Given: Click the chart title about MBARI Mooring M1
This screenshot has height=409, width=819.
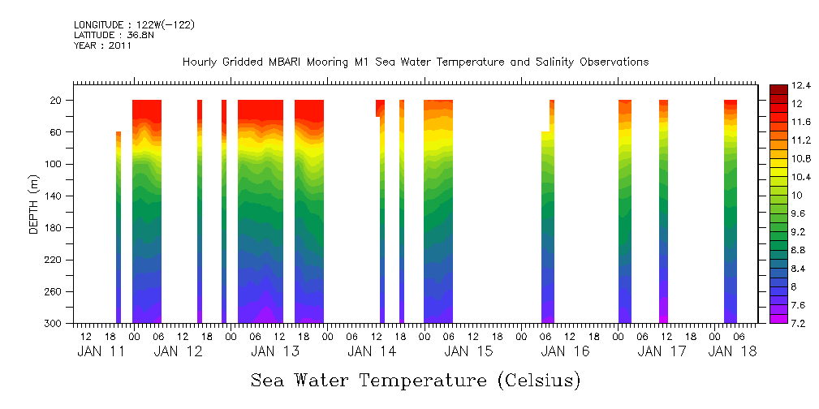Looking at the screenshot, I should tap(415, 62).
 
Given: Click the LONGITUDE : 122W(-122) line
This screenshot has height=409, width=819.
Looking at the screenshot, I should tap(134, 25).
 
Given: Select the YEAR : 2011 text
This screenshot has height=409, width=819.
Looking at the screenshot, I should tap(101, 46).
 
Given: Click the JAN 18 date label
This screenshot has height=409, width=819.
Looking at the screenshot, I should tap(733, 351).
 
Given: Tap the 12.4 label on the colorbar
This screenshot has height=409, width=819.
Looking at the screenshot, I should tap(780, 85).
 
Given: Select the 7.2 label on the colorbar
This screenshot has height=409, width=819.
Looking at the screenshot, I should tap(778, 324).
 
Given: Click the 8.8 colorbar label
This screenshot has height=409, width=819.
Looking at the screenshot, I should tap(778, 250).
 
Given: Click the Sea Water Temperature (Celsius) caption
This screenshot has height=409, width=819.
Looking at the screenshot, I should tap(415, 380).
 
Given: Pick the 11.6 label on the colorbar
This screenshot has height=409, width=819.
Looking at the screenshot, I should tap(780, 122).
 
